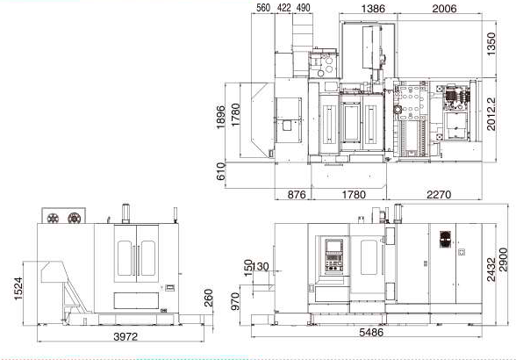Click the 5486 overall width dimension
coord(371,332)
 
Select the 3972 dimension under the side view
coord(125,336)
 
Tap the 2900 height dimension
coord(504,260)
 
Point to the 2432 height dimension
coord(491,270)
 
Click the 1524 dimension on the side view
coord(18,289)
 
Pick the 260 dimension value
coord(209,298)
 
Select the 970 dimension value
coord(235,301)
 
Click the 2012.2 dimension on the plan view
coord(491,114)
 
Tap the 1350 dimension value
coord(491,44)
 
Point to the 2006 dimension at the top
coord(444,9)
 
